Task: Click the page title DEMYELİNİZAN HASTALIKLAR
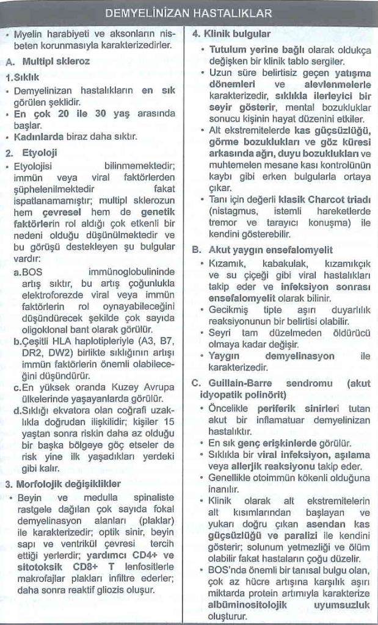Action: coord(189,13)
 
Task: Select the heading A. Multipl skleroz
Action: coord(47,62)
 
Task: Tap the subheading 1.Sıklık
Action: coord(23,78)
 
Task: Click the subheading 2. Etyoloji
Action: coord(31,153)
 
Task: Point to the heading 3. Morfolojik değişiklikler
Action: coord(62,484)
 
